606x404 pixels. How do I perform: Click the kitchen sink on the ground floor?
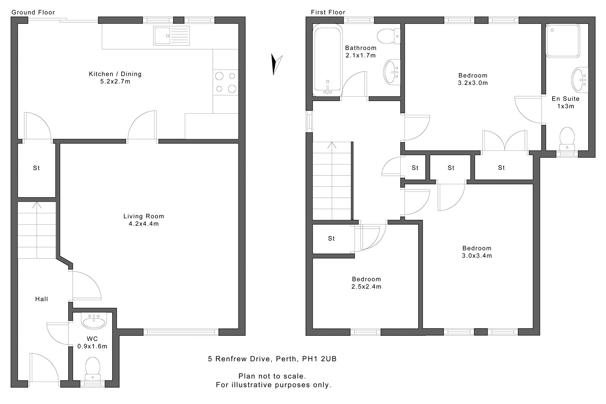(172, 36)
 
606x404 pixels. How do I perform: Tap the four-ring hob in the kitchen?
(225, 82)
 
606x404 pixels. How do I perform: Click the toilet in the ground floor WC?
(92, 369)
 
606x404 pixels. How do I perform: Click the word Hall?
(42, 299)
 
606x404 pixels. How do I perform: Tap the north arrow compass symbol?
(276, 65)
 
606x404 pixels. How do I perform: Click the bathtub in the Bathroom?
(327, 60)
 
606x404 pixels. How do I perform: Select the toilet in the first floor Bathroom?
(389, 36)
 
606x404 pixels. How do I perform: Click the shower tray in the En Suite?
(563, 41)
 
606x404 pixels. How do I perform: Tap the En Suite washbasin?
(580, 80)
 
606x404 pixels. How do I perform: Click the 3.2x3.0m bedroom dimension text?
(473, 83)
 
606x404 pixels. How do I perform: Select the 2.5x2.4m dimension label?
(366, 287)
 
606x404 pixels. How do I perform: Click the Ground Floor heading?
(33, 12)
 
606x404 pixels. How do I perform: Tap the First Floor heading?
(328, 12)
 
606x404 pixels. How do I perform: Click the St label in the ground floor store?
(36, 168)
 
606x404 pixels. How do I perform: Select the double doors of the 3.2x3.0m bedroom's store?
(505, 141)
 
